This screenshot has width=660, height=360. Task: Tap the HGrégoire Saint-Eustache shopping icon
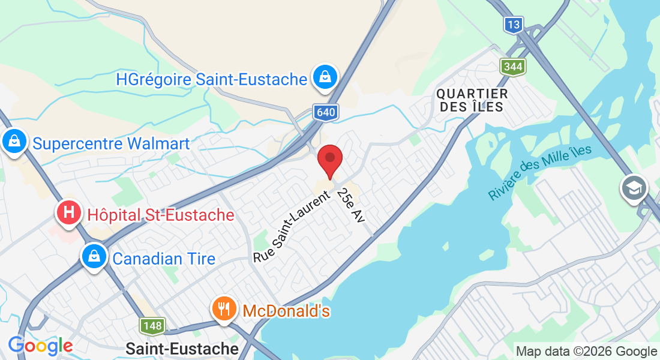tap(325, 77)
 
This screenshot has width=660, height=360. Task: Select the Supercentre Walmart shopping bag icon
tap(13, 142)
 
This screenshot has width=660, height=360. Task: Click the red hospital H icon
tap(70, 212)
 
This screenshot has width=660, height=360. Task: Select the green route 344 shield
tap(514, 66)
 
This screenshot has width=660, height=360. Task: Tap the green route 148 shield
tap(152, 326)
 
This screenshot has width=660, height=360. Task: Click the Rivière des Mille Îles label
tap(539, 173)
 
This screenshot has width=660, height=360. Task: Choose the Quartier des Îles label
tap(472, 100)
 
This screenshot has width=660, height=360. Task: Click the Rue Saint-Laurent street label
tap(292, 227)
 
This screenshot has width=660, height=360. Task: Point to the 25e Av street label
tap(351, 206)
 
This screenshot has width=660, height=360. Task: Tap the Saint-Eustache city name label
tap(182, 348)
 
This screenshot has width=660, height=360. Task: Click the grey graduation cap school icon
tap(635, 188)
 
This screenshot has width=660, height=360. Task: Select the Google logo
tap(40, 346)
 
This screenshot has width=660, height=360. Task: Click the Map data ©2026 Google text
tap(586, 352)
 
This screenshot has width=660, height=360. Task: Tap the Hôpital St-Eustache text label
tap(161, 215)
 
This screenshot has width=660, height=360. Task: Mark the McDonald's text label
tap(286, 311)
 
